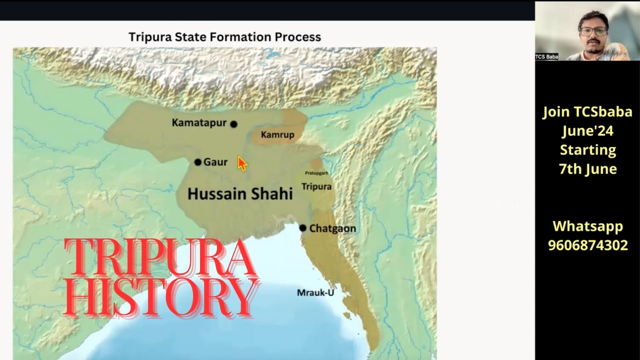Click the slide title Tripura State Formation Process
point(224,37)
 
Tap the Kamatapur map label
point(199,123)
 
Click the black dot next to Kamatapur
point(233,124)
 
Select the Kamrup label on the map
point(277,135)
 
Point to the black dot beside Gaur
point(197,162)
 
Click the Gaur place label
point(215,162)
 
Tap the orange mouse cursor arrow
point(242,163)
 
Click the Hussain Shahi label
point(240,194)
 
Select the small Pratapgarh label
point(316,173)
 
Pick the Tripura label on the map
point(316,186)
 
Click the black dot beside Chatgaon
point(302,228)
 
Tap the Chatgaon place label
point(332,228)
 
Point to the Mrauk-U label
point(315,292)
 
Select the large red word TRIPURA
point(160,258)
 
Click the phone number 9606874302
point(587,245)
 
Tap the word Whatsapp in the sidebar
point(587,226)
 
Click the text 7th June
point(587,169)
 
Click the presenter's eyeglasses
point(593,31)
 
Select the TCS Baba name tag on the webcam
point(546,56)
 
